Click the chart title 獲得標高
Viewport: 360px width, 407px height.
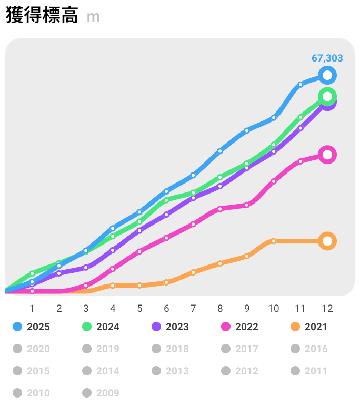42,16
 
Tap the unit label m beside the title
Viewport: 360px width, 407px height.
93,17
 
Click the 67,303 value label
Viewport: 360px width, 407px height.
327,58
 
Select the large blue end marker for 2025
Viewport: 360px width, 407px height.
327,76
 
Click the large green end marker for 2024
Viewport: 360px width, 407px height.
327,96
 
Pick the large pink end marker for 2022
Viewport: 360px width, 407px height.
327,155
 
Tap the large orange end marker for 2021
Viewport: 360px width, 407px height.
327,241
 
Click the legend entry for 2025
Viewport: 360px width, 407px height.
32,327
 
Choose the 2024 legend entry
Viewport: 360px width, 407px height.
101,327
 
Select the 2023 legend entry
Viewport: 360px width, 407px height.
171,327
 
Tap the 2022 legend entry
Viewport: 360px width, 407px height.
240,327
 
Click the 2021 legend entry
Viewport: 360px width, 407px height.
309,327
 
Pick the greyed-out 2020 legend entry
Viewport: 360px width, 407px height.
32,349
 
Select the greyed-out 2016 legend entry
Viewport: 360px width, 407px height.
309,349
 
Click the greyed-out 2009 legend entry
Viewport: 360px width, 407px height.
101,393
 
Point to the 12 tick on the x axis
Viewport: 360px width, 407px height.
327,308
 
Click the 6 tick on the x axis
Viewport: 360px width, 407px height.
166,308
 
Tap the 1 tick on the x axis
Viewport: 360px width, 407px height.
32,308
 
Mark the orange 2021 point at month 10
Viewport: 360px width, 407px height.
274,241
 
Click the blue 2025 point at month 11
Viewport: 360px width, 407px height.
301,85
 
